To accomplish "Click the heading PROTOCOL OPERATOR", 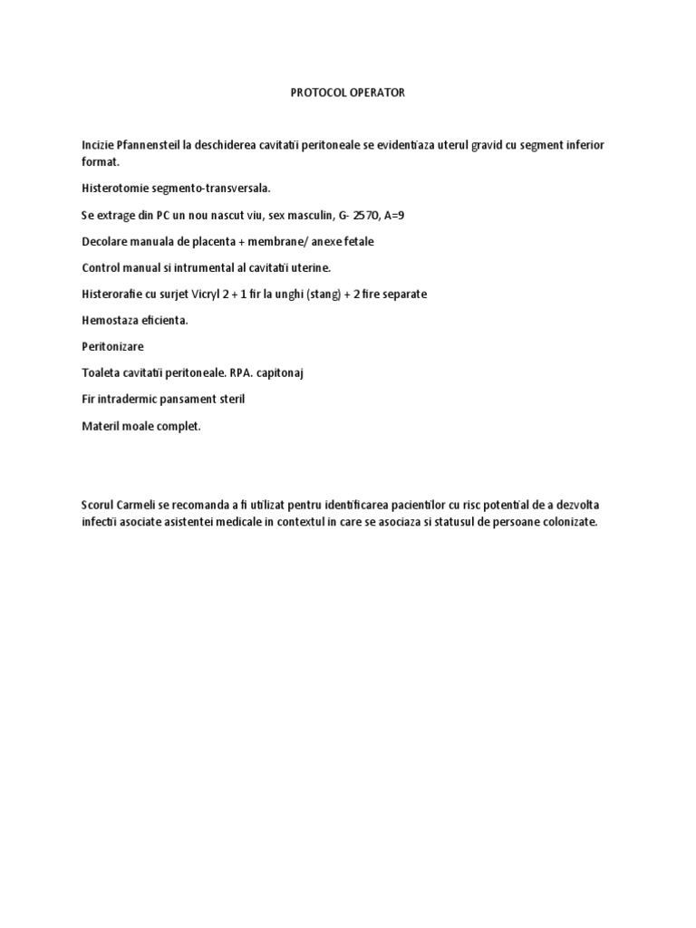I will (x=348, y=92).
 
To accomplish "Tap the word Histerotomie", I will (x=114, y=188).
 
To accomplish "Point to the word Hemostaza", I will (x=111, y=321).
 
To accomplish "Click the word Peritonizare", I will (x=112, y=347).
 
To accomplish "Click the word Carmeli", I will (x=140, y=504).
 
